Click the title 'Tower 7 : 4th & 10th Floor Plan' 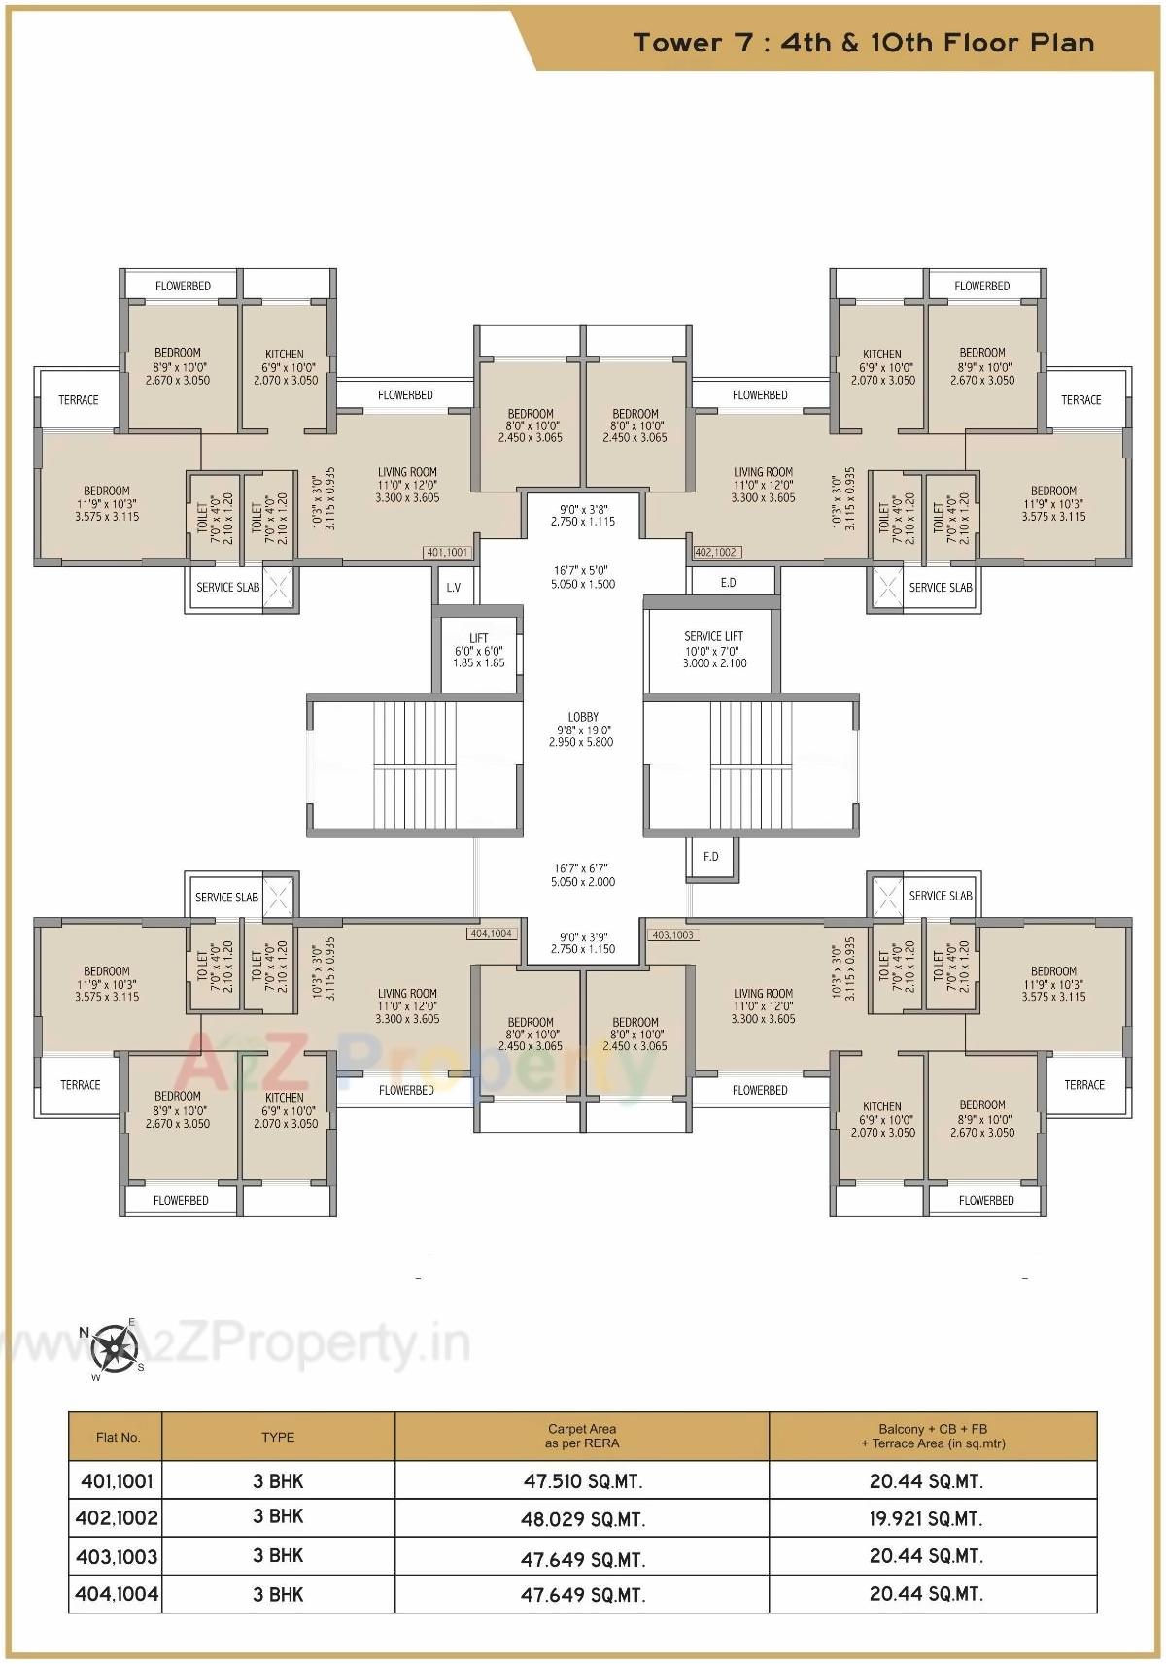[863, 43]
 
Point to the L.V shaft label [454, 588]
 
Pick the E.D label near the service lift [729, 583]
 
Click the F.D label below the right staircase [711, 856]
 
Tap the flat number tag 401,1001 [447, 552]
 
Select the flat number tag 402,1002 [716, 552]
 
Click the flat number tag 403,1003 [673, 934]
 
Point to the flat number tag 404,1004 [492, 934]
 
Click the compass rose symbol [116, 1347]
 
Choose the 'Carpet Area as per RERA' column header [581, 1436]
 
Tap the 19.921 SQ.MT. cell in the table [926, 1518]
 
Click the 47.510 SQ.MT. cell [582, 1482]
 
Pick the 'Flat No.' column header [118, 1437]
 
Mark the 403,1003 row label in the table [117, 1557]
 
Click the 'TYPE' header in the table [278, 1437]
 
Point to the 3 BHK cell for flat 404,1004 [278, 1594]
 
